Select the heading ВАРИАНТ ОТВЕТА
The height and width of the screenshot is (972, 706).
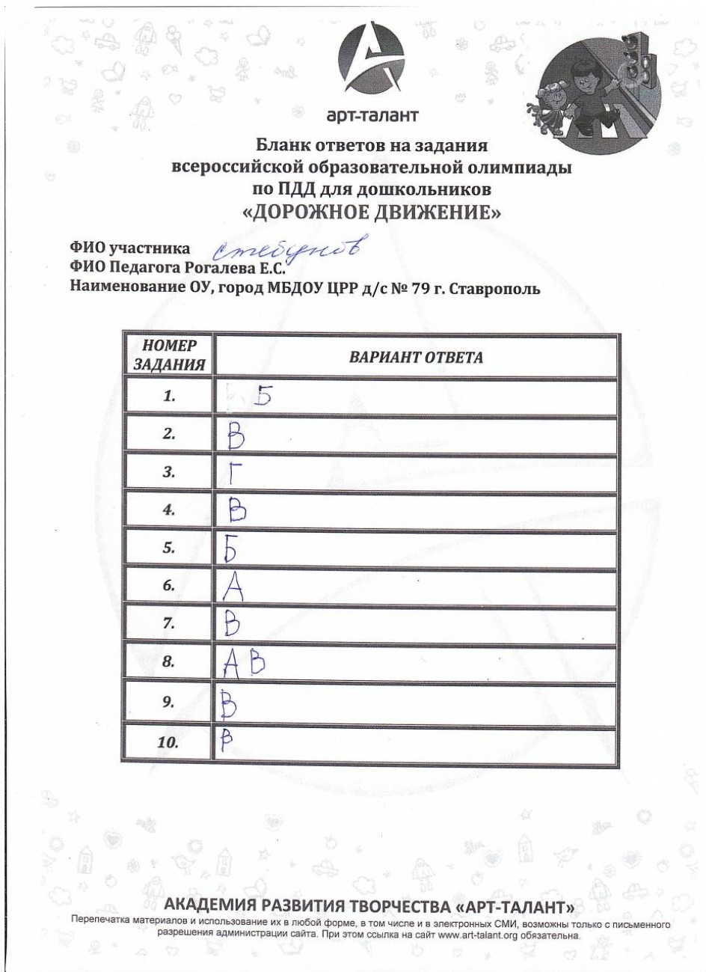pyautogui.click(x=416, y=357)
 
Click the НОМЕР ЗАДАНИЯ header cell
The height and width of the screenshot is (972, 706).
pyautogui.click(x=169, y=355)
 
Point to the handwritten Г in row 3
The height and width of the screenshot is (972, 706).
pyautogui.click(x=233, y=472)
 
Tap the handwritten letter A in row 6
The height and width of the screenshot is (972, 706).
pyautogui.click(x=234, y=586)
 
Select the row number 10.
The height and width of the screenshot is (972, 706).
pyautogui.click(x=169, y=743)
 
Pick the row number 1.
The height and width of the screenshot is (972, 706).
pyautogui.click(x=169, y=397)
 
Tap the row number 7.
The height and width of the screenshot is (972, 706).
pyautogui.click(x=169, y=623)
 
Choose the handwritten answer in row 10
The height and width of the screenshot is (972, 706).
pyautogui.click(x=225, y=739)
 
